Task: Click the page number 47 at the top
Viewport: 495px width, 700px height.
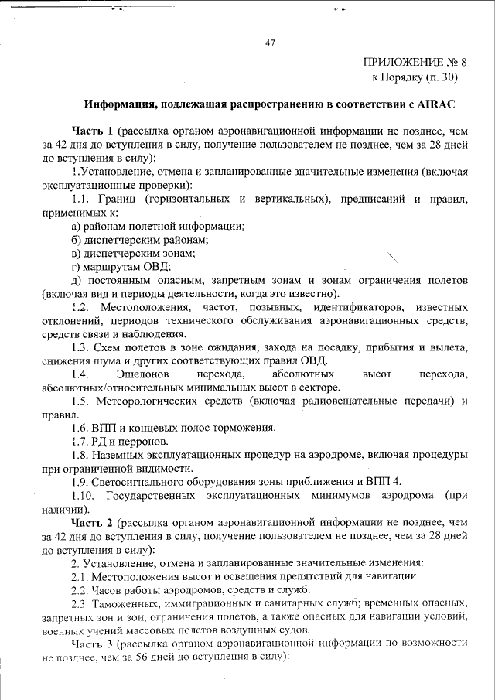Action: point(271,43)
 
